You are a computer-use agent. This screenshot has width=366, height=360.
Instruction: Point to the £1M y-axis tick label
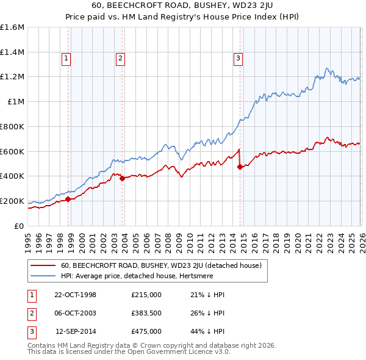(x=16, y=102)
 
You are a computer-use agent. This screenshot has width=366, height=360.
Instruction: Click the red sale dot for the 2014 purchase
(x=240, y=167)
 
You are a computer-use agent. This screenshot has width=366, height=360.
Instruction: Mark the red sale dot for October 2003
(x=122, y=178)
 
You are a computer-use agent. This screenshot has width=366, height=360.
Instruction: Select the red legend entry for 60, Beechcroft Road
(x=161, y=265)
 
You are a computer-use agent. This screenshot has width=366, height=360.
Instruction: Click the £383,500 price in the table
(x=146, y=313)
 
